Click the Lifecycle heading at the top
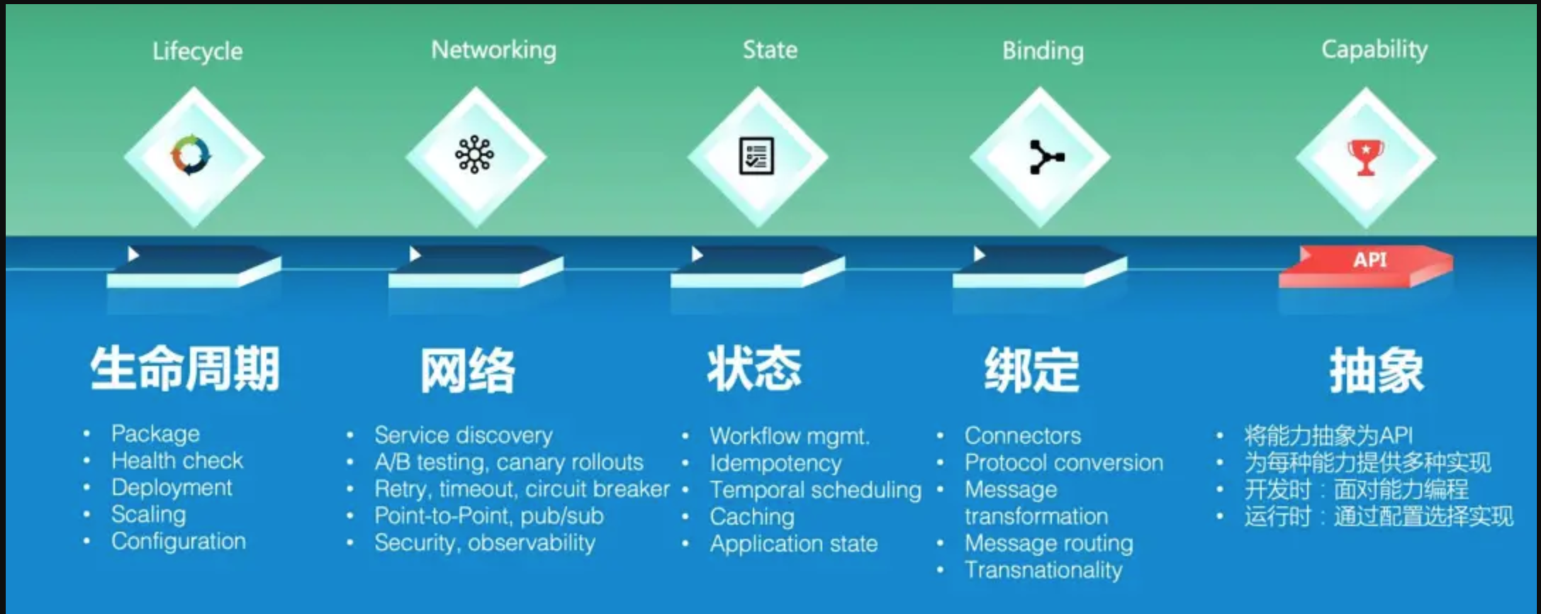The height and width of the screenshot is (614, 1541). [x=198, y=52]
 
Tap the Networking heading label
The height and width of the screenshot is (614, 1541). [x=494, y=50]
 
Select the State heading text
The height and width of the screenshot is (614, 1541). [x=770, y=50]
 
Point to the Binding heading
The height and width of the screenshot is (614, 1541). [x=1043, y=51]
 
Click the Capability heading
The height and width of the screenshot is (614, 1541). [x=1374, y=50]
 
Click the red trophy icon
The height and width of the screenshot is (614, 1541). [x=1365, y=157]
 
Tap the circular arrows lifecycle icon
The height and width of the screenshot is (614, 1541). [x=191, y=155]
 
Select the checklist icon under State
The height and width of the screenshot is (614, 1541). [x=756, y=156]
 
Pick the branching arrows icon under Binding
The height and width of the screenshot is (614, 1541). [x=1046, y=157]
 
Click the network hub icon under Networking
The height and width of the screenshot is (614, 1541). [x=475, y=155]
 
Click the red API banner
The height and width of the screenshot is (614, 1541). [x=1366, y=265]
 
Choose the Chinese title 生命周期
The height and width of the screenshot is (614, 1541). [x=185, y=369]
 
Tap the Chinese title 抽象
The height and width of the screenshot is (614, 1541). [x=1377, y=370]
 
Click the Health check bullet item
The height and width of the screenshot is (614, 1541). [x=177, y=461]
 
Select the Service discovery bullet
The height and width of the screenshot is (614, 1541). [x=464, y=435]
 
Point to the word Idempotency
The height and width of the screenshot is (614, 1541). [x=776, y=464]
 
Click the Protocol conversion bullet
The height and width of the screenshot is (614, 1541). [x=1064, y=462]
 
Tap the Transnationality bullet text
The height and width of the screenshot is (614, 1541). [x=1043, y=570]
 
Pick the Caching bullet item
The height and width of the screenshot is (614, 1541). [x=752, y=517]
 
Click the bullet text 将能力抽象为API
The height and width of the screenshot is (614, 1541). [x=1328, y=435]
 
